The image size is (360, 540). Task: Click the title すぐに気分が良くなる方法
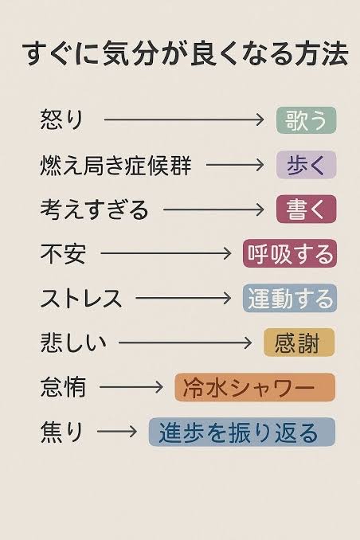click(x=185, y=55)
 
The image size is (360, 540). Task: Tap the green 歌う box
click(x=307, y=119)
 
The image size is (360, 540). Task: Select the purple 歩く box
click(x=307, y=165)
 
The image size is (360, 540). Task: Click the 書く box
click(x=307, y=209)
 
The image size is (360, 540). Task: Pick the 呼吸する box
click(x=290, y=253)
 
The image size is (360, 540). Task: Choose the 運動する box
click(x=290, y=298)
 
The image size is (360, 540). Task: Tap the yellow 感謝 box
click(x=299, y=342)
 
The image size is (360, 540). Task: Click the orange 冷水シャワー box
click(x=255, y=387)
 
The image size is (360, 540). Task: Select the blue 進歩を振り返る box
click(x=242, y=432)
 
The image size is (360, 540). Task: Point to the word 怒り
click(x=62, y=119)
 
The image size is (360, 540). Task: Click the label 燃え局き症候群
click(x=115, y=165)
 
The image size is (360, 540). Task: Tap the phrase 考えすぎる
click(x=94, y=209)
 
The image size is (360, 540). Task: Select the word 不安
click(x=63, y=253)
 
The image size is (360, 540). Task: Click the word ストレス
click(x=81, y=298)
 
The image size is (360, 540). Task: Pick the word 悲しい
click(x=73, y=342)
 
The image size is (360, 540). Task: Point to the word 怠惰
click(x=63, y=387)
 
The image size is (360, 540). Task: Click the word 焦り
click(x=62, y=432)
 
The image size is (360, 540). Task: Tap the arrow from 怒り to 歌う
click(x=184, y=119)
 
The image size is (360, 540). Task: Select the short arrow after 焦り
click(x=117, y=431)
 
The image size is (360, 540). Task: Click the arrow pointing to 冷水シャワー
click(x=131, y=387)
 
